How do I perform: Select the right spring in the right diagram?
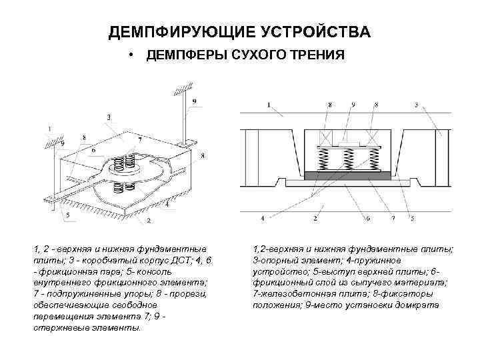[373, 160]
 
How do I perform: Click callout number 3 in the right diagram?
[417, 105]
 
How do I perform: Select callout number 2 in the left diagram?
[149, 219]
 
